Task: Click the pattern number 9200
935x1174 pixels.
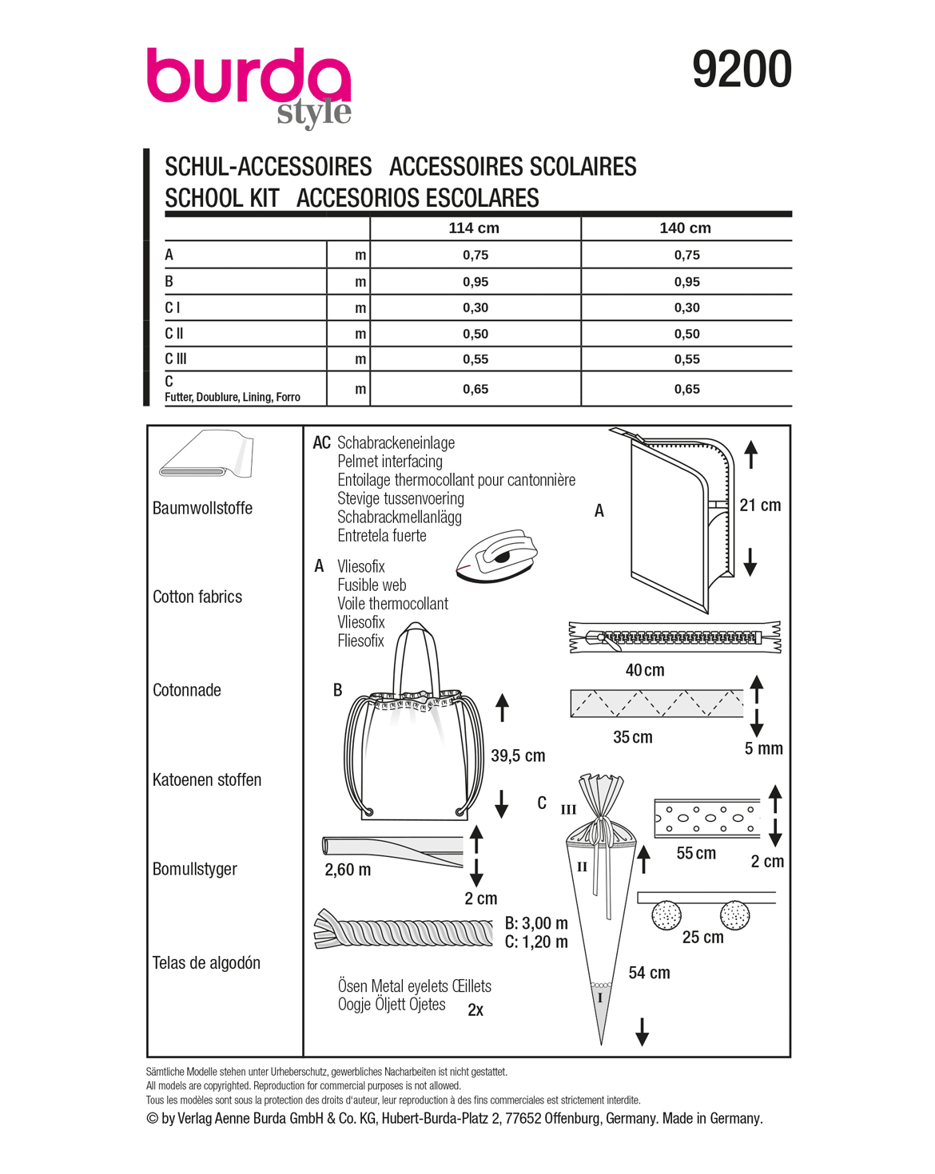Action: click(x=742, y=69)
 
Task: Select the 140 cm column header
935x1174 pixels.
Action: click(x=685, y=228)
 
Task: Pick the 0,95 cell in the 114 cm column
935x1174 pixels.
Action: click(x=475, y=282)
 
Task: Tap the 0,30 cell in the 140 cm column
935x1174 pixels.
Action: click(x=686, y=307)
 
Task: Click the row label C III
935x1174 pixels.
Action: click(x=176, y=359)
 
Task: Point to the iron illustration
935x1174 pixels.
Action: click(x=497, y=556)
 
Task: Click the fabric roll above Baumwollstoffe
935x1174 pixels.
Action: click(x=206, y=454)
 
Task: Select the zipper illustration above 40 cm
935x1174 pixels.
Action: click(x=674, y=637)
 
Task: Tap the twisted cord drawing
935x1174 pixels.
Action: click(x=403, y=929)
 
